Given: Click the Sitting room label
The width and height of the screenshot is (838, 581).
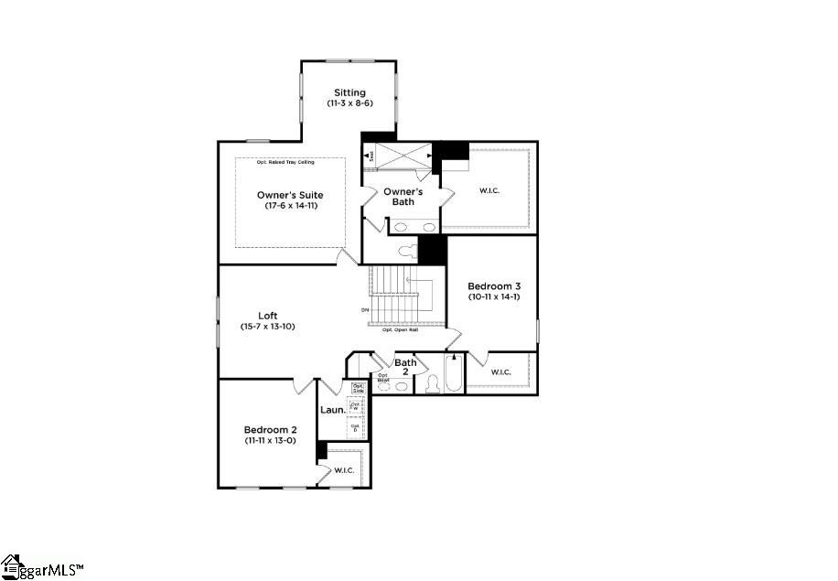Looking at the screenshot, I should [x=349, y=92].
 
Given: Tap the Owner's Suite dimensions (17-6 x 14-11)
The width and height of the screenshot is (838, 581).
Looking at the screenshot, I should [x=289, y=206].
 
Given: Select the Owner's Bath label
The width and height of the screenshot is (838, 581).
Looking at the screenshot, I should [x=403, y=196].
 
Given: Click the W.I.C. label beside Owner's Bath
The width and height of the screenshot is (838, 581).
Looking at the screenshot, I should [x=489, y=190].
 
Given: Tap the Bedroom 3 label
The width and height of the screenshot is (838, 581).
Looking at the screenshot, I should [x=493, y=285].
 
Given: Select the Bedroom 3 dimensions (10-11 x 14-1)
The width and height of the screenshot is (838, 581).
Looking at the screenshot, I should [x=493, y=297].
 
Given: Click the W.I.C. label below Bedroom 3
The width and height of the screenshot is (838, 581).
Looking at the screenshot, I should [x=500, y=372].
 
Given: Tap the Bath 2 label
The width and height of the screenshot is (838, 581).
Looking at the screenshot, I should [x=405, y=368].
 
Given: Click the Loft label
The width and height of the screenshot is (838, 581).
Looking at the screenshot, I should [x=267, y=316].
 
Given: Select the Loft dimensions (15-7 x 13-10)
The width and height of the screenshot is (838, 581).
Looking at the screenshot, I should [x=267, y=327].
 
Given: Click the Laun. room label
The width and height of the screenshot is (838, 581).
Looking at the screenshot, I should [x=333, y=409].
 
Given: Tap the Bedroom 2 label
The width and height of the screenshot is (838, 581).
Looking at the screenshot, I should [x=270, y=430].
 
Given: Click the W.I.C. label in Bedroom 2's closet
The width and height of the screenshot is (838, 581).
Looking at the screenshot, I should [x=344, y=470].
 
